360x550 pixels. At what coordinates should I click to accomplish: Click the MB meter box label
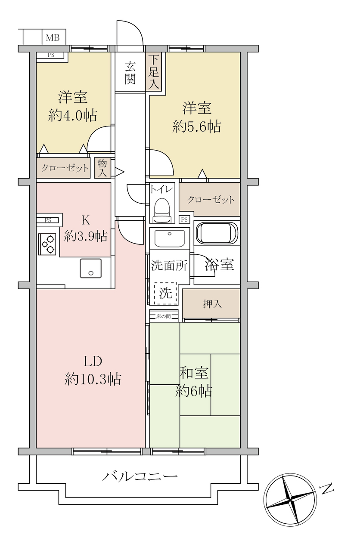(53, 37)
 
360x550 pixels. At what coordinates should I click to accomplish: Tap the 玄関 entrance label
(130, 72)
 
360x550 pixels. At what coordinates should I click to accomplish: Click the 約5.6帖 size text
(197, 127)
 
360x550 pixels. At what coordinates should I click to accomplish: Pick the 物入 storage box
(102, 168)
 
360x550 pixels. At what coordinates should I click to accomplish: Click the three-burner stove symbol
(48, 244)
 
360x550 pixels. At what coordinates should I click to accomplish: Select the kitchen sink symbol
(91, 268)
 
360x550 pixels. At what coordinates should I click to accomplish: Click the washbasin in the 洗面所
(170, 238)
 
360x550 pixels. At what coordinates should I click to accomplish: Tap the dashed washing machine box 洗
(166, 293)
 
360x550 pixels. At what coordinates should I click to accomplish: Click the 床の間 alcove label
(163, 316)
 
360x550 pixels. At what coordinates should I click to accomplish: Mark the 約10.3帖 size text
(93, 379)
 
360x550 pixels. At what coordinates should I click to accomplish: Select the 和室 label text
(194, 373)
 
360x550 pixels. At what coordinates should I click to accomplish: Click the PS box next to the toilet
(184, 219)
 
